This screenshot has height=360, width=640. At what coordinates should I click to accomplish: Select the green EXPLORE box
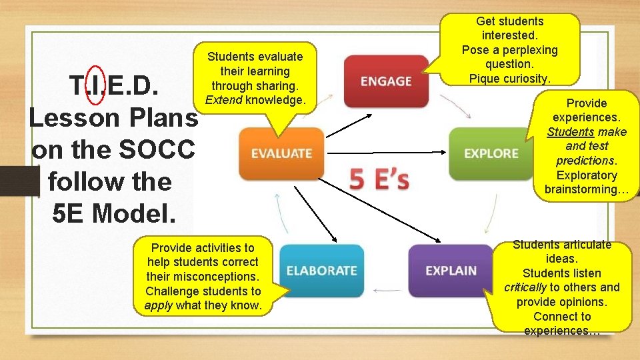491,153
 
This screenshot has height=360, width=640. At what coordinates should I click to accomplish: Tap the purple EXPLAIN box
451,271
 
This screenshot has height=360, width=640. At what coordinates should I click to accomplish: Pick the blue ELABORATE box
321,271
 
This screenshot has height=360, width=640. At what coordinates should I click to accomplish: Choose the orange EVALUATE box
281,153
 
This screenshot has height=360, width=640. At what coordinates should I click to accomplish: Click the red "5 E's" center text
379,179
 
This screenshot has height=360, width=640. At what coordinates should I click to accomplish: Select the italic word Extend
224,100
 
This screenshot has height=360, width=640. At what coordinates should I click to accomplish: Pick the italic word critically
525,287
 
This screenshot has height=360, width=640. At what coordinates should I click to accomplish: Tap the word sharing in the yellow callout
275,86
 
